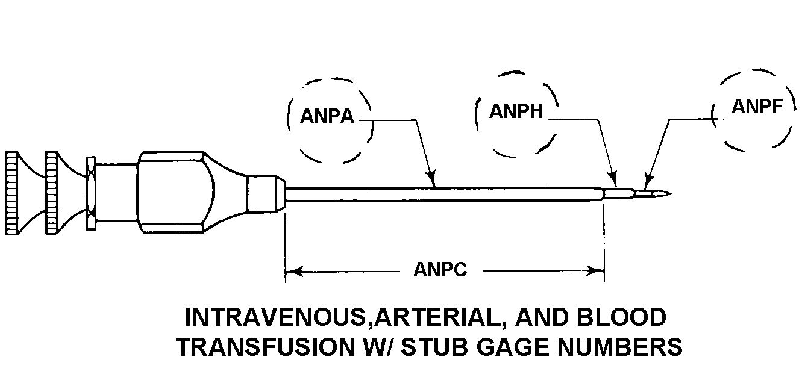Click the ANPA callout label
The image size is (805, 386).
(x=327, y=116)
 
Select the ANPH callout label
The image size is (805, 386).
(x=516, y=111)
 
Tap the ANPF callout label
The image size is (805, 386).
(x=757, y=107)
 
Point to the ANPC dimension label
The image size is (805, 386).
(x=440, y=270)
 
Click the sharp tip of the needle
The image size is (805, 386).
(x=669, y=193)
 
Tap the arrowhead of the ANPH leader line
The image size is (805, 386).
(x=614, y=180)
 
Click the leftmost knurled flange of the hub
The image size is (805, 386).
(x=11, y=193)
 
